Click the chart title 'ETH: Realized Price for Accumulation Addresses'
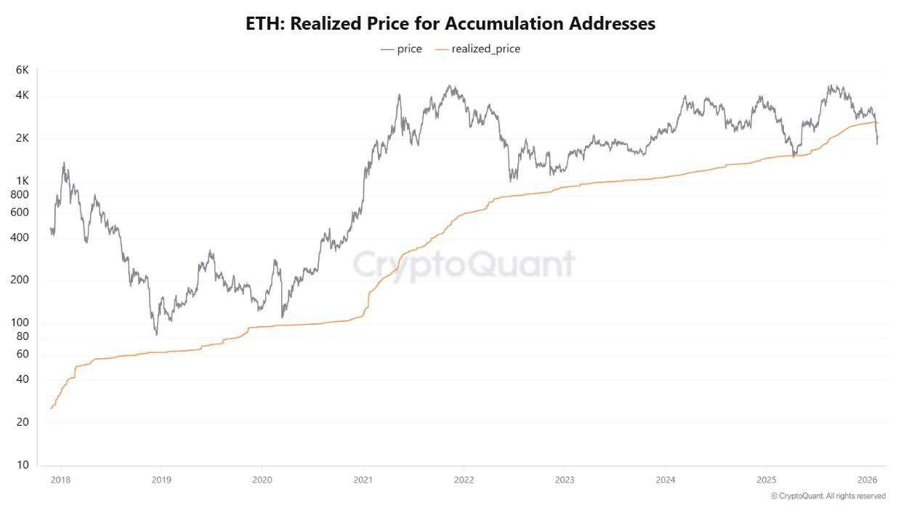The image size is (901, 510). point(450,23)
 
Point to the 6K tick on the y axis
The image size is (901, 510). point(22,70)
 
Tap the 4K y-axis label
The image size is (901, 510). point(22,95)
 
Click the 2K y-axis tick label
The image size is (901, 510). point(22,138)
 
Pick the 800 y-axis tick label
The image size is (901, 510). point(20,195)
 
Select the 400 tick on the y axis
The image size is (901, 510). point(20,238)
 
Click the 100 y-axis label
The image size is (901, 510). point(20,323)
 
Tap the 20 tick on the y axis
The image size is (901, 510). point(23,422)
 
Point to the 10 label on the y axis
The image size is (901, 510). point(23,465)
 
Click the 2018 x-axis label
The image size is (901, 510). point(61,479)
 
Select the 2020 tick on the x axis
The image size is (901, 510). point(262,479)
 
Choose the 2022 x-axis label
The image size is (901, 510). point(464,479)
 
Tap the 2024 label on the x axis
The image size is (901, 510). point(666,479)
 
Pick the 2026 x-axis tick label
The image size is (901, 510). point(866,479)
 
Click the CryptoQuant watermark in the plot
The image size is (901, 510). point(464,264)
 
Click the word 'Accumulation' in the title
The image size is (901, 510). point(493,23)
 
